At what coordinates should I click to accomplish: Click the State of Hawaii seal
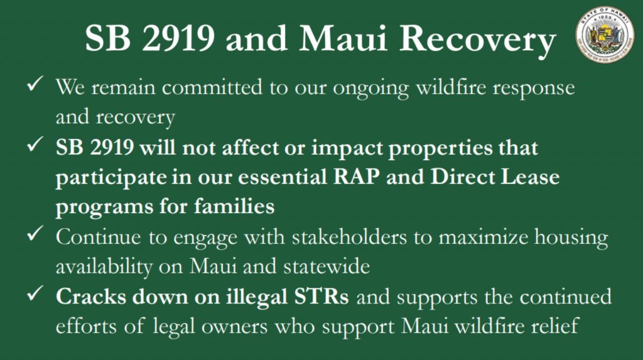point(605,35)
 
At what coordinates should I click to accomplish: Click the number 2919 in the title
point(179,38)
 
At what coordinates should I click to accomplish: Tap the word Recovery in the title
point(478,41)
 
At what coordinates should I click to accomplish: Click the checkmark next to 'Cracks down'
point(35,293)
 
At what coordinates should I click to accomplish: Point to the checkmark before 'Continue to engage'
point(35,234)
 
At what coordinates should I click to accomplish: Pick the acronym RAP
point(357,177)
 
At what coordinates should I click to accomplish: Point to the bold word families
point(234,205)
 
